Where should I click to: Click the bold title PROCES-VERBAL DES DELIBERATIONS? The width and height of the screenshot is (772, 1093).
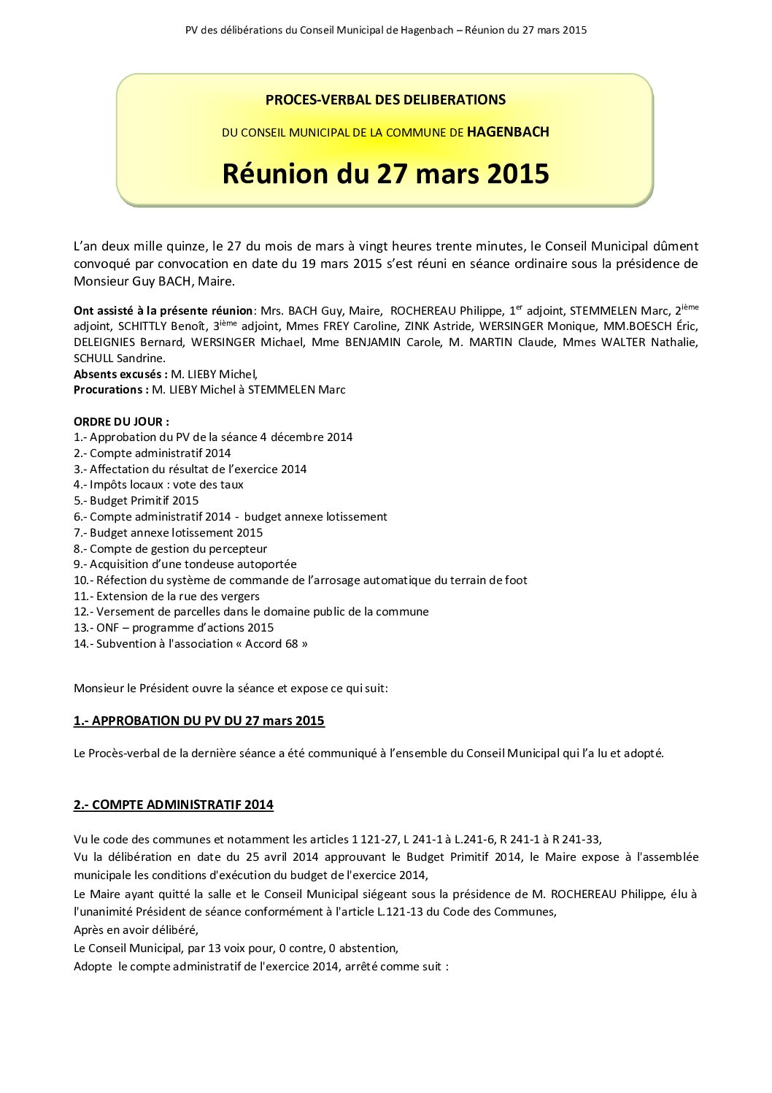tap(385, 100)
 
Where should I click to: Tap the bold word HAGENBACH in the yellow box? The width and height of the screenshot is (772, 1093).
tap(508, 132)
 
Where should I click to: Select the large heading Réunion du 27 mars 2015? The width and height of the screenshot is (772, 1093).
tap(385, 174)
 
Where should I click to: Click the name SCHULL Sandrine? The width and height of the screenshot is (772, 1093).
tap(120, 358)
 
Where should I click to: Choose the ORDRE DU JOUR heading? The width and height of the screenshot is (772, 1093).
tap(121, 421)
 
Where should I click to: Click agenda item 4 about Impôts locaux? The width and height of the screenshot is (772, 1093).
tap(158, 485)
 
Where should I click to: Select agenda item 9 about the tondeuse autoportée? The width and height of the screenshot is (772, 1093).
tap(185, 564)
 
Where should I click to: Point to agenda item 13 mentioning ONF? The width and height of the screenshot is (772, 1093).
tap(174, 628)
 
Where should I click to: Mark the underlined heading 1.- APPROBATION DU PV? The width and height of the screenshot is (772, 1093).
tap(199, 721)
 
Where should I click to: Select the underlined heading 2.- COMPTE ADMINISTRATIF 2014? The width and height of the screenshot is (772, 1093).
tap(174, 805)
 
